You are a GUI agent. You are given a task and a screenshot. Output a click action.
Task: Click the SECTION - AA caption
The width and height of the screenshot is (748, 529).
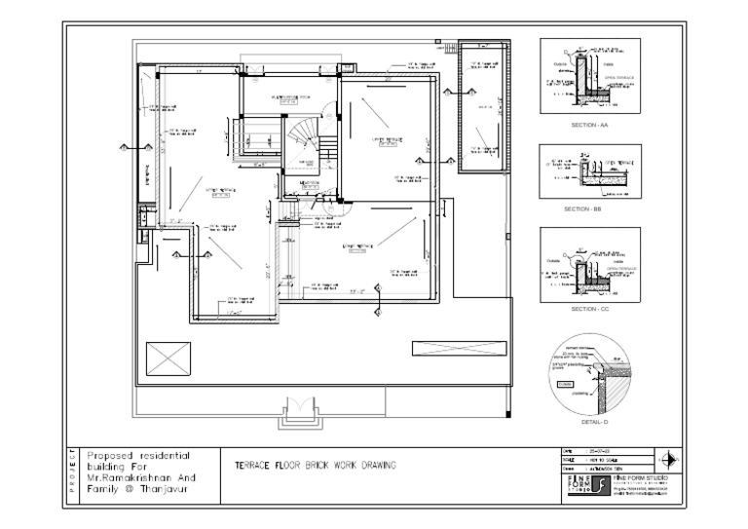coord(590,127)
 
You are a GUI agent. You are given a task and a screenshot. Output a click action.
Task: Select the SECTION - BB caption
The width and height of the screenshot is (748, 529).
coord(590,209)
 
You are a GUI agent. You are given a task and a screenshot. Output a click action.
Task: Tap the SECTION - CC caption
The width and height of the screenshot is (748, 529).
coord(590,309)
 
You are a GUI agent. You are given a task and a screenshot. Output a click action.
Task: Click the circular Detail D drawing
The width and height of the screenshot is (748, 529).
coord(590,375)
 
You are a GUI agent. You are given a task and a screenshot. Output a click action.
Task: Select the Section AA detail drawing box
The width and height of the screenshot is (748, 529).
coord(590,78)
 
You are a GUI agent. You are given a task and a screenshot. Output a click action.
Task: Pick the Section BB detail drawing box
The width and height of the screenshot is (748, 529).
coord(590,172)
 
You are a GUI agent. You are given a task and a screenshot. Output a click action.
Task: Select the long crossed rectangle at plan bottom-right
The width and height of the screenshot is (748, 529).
coord(459,349)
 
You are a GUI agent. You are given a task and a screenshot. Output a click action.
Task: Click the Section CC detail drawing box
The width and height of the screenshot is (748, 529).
coord(590,265)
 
